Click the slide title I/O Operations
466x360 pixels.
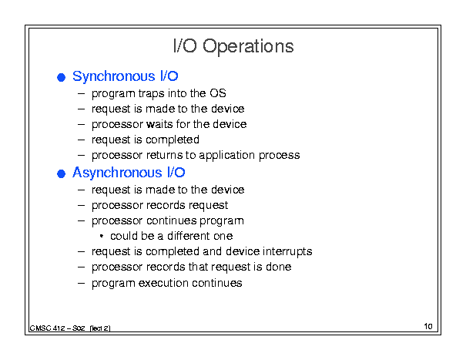[233, 46]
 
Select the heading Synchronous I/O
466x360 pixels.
[125, 76]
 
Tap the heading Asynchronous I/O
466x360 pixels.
[129, 173]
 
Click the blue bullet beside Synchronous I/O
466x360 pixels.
[61, 77]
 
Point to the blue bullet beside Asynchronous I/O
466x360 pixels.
[61, 173]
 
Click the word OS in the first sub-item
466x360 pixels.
[218, 93]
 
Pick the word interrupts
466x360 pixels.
[287, 252]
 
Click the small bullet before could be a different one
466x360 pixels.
[102, 236]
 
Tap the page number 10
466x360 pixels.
[428, 326]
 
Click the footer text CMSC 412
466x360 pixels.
[47, 328]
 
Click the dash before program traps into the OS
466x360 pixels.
[81, 94]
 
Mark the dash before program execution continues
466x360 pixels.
[81, 283]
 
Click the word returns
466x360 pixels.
[165, 155]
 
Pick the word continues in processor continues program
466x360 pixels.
[172, 220]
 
